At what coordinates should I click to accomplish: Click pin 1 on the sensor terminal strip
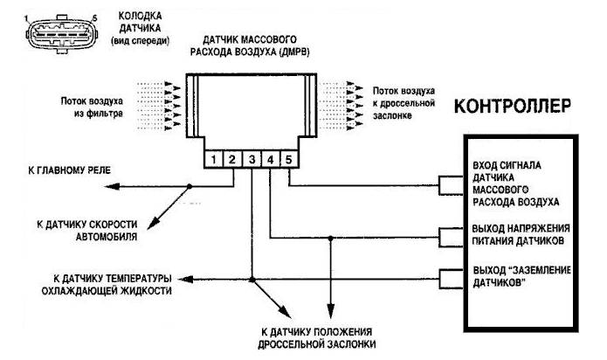pos(211,160)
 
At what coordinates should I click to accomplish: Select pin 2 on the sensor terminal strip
pos(231,160)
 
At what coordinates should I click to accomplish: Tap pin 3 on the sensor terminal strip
pos(251,160)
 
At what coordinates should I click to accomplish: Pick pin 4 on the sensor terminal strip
pos(270,160)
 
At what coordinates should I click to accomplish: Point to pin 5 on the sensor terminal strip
pos(289,160)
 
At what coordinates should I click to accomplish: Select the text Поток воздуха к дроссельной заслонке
pos(405,100)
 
